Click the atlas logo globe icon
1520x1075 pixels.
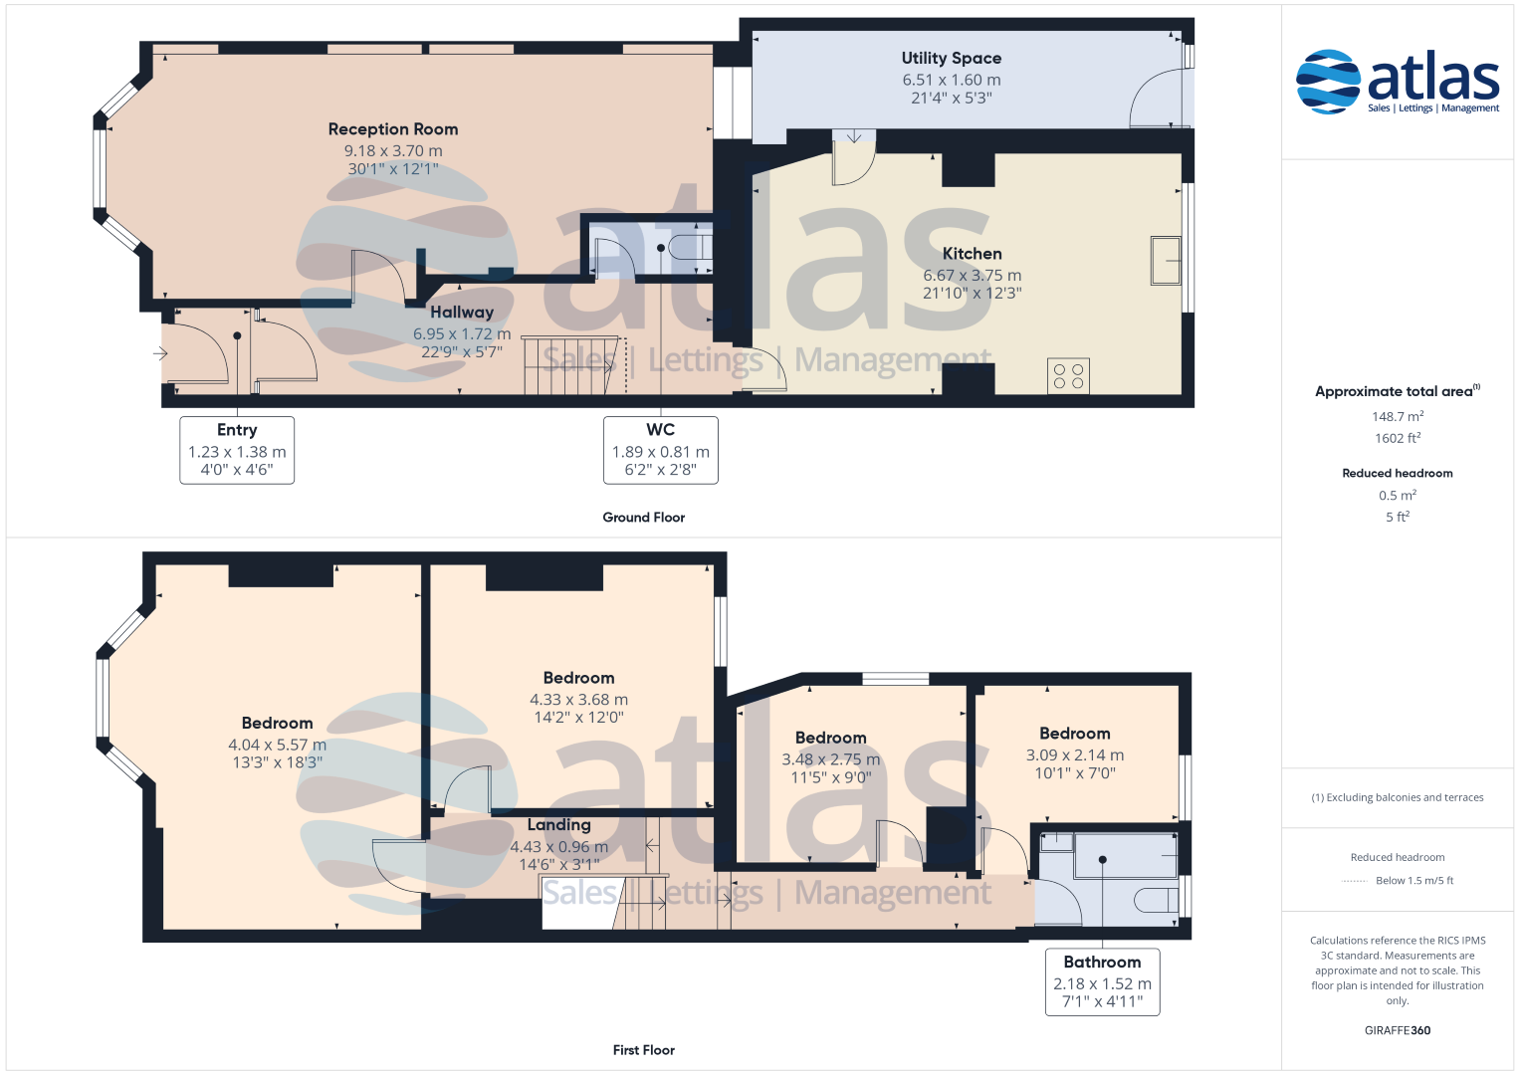pos(1328,82)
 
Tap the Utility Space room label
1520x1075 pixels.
pos(952,59)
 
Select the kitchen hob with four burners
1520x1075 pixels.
pos(1068,376)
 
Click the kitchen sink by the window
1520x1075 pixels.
pos(1166,260)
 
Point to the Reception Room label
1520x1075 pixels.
pos(393,129)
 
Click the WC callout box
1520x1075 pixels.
pos(660,450)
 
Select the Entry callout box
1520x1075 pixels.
pos(237,450)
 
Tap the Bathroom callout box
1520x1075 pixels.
pos(1102,982)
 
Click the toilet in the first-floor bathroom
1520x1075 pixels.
pos(1157,900)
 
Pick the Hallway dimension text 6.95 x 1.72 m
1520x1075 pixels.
pos(462,333)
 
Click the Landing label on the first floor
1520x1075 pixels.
pos(559,824)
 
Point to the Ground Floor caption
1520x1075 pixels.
pos(643,518)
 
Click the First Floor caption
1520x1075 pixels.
pos(643,1050)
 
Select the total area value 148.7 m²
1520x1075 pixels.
pos(1398,416)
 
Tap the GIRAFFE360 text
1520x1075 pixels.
pos(1398,1030)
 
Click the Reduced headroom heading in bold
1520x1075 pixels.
pos(1398,473)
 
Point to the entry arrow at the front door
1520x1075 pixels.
pos(160,353)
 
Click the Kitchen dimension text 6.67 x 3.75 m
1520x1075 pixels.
pos(972,275)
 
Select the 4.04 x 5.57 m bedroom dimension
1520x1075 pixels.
pos(277,745)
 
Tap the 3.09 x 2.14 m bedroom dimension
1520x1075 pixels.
pos(1075,754)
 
